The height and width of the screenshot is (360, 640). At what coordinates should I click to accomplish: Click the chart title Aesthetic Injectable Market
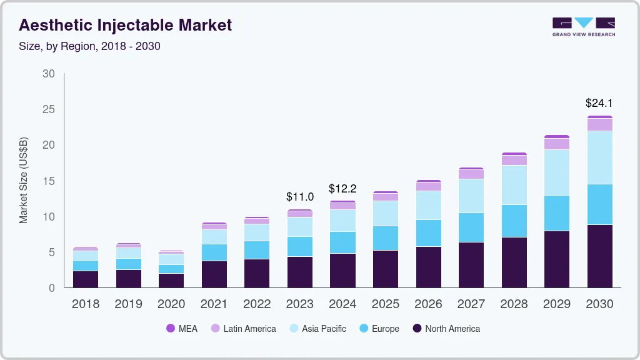[x=126, y=25]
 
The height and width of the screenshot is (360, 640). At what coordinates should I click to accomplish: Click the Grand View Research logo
[x=583, y=26]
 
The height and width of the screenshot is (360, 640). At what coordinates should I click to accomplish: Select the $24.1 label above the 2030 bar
[x=599, y=102]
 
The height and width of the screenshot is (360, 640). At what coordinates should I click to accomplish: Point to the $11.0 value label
[x=299, y=196]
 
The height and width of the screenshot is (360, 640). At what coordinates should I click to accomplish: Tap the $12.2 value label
[x=342, y=188]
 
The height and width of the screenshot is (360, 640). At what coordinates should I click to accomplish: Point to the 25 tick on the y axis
[x=49, y=109]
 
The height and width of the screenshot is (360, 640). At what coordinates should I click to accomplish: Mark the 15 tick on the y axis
[x=49, y=181]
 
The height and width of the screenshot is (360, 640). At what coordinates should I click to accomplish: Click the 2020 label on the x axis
[x=171, y=304]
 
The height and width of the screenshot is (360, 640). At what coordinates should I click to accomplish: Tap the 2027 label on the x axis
[x=471, y=304]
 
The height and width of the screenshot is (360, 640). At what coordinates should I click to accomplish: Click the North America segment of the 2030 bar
[x=599, y=256]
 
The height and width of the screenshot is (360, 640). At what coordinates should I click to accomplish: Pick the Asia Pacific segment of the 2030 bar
[x=599, y=157]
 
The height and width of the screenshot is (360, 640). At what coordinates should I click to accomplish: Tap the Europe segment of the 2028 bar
[x=514, y=221]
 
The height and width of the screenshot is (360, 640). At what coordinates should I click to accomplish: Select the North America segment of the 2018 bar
[x=85, y=279]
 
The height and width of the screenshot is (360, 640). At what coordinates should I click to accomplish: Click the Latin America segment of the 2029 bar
[x=556, y=144]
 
